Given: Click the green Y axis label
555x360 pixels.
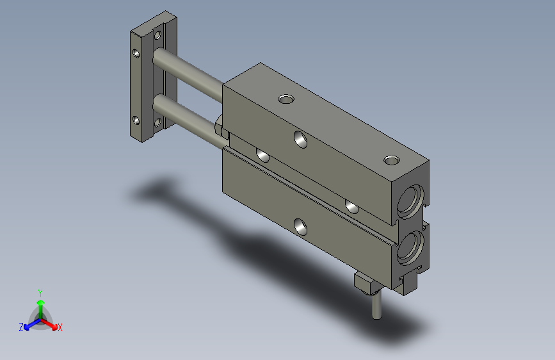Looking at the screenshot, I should coord(40,291).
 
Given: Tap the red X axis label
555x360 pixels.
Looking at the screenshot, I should coord(60,327).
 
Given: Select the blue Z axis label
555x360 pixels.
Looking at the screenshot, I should coord(21,327).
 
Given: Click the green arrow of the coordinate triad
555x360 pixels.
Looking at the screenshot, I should coord(40,304).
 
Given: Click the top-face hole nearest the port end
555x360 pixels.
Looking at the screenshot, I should coord(390,160).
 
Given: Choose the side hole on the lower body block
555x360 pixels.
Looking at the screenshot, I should coord(299,225).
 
